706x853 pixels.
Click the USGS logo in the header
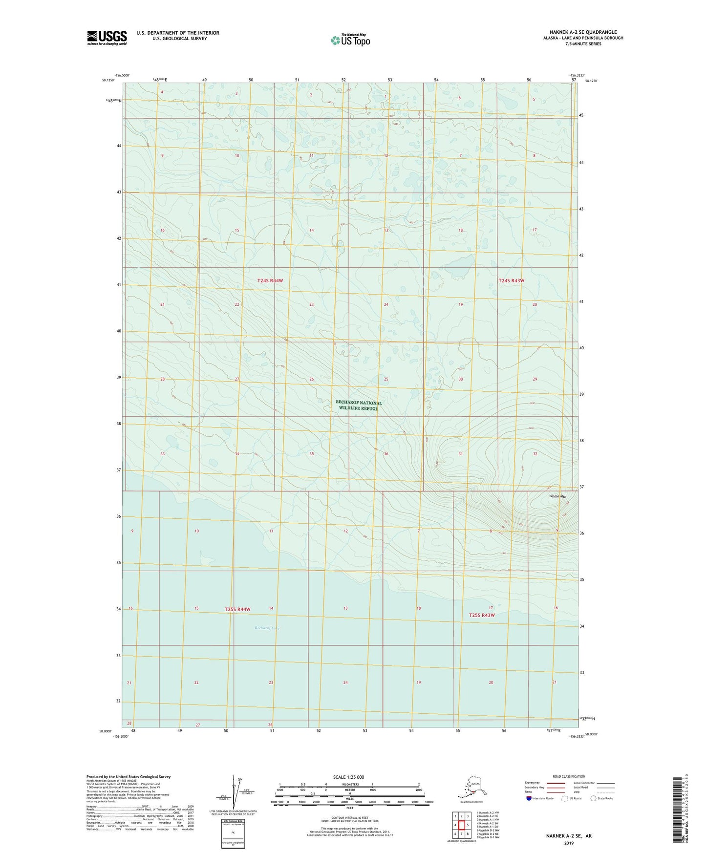point(107,38)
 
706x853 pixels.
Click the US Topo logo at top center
point(350,40)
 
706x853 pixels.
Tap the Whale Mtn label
point(557,496)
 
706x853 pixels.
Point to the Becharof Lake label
point(267,628)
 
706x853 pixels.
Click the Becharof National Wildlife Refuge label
point(359,405)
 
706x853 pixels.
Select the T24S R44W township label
point(270,280)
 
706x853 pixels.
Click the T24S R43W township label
point(511,280)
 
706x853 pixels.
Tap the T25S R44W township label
point(237,609)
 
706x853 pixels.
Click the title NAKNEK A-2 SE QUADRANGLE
point(583,32)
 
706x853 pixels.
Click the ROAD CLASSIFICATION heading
point(569,776)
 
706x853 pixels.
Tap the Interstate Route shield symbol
point(529,798)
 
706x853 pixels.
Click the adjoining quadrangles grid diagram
point(461,826)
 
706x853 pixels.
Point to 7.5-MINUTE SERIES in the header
point(583,44)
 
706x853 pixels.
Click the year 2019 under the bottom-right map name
point(568,843)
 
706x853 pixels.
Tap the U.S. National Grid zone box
point(233,834)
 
